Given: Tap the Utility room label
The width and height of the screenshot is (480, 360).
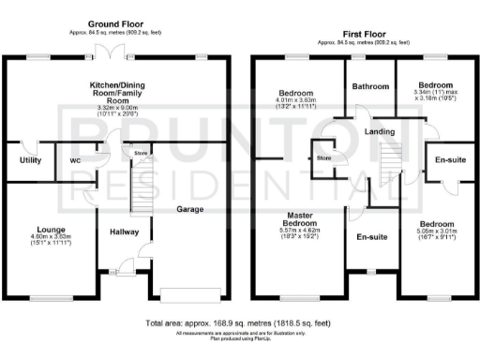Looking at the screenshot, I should pos(22,160).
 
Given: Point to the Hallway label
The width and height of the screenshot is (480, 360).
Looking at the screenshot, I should pos(124,232).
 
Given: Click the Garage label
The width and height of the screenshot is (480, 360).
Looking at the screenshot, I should pos(191,211).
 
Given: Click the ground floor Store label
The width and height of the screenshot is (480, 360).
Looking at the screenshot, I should pos(140,152).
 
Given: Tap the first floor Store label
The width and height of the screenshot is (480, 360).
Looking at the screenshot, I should pos(324,158).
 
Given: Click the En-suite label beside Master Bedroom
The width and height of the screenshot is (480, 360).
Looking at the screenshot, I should pos(372,237).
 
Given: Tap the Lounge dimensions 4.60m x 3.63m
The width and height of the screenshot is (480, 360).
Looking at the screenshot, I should pos(50,240).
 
